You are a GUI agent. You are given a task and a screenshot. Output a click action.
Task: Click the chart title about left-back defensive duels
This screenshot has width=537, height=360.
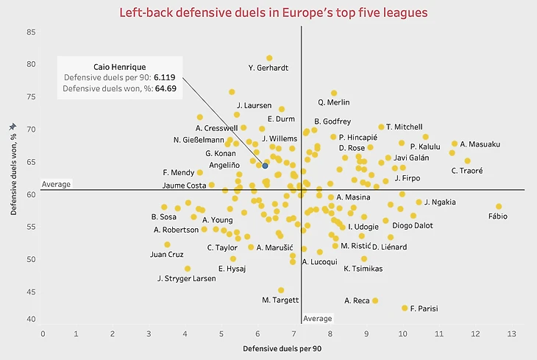pos(274,13)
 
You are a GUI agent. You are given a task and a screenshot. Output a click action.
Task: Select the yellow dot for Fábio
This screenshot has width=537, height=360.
pos(499,207)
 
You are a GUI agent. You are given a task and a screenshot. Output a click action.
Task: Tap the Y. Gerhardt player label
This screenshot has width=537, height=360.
pos(268,68)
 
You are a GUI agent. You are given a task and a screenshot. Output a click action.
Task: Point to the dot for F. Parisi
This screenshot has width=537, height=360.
pos(405,308)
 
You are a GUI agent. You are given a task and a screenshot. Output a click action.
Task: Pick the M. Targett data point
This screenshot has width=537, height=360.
pos(281,290)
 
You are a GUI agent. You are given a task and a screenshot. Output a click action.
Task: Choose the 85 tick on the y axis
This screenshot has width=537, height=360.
pos(31,32)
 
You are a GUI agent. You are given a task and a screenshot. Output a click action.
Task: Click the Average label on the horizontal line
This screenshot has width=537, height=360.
pos(56,184)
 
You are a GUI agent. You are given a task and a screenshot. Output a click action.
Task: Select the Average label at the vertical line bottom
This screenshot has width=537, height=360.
pos(318,319)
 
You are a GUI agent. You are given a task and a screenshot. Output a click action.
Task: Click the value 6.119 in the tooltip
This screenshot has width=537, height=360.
pos(166,77)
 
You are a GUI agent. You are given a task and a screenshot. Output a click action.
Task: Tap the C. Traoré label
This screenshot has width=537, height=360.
pos(467,171)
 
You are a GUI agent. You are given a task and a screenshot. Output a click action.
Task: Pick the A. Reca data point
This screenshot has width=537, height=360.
pos(375,300)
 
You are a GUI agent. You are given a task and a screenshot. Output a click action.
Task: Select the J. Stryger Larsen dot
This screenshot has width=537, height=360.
pos(187,269)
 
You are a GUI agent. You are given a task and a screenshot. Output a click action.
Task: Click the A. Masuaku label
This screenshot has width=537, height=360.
pos(480,144)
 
